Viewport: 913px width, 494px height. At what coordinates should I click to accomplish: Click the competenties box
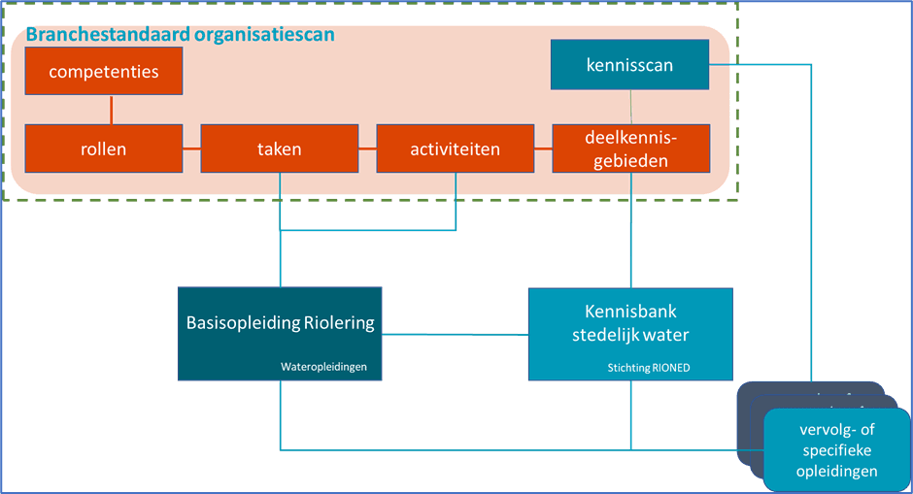click(104, 71)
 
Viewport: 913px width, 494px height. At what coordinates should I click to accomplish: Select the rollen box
click(104, 148)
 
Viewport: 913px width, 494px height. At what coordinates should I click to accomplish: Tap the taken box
click(280, 148)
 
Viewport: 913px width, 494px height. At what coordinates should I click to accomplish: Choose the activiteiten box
click(455, 148)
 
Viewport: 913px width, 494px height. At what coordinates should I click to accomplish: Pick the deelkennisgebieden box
click(630, 148)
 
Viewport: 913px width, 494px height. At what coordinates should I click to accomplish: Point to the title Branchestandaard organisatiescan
click(181, 35)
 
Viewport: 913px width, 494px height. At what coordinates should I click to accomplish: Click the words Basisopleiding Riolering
click(280, 323)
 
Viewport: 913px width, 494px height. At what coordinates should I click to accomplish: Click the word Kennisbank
click(630, 312)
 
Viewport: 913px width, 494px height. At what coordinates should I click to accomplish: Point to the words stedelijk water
click(630, 336)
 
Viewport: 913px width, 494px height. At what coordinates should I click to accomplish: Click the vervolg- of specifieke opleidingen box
click(836, 449)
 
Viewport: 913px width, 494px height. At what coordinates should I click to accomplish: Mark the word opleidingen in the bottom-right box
click(836, 471)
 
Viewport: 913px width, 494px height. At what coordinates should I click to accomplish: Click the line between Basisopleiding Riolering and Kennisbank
click(456, 334)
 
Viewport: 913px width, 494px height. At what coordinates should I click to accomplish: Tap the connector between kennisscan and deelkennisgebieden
click(630, 107)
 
